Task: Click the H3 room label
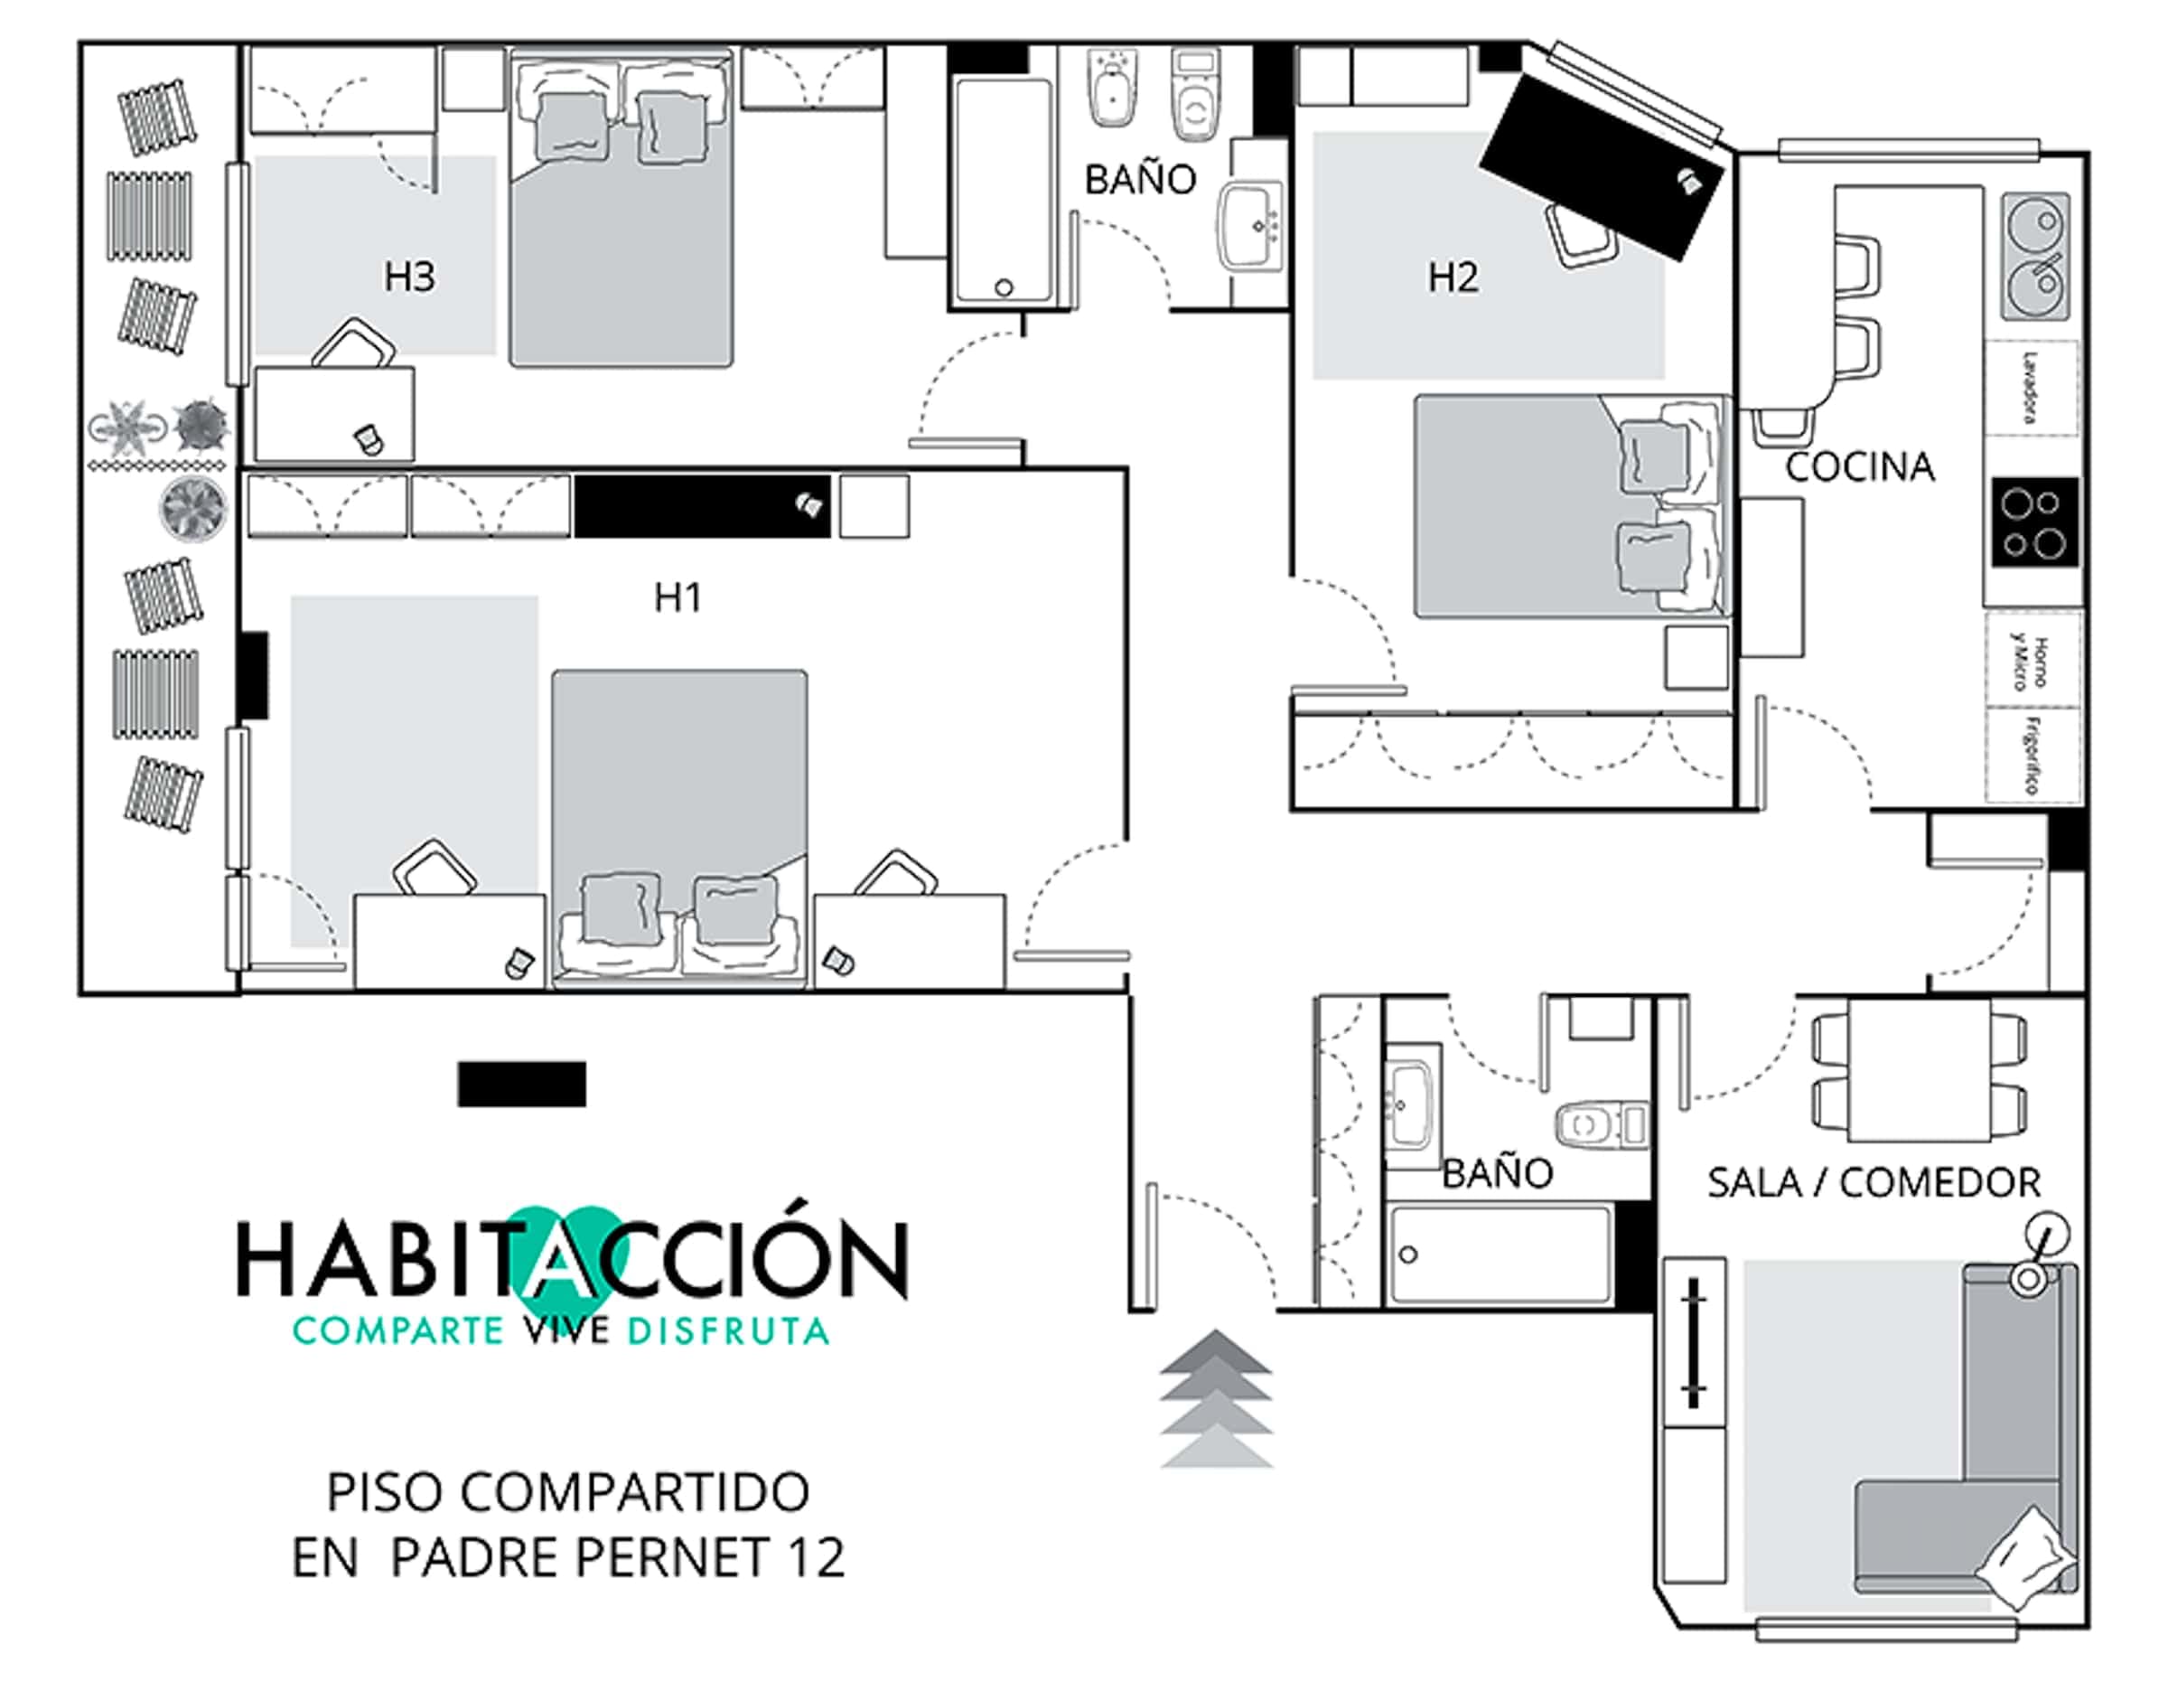point(409,277)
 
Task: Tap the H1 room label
point(678,597)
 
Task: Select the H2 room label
point(1453,277)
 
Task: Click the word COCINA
point(1859,466)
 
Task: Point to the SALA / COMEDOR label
point(1874,1182)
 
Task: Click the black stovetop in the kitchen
point(2034,522)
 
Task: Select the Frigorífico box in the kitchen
point(2032,755)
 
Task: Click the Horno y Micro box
point(2032,661)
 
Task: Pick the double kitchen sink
point(2035,256)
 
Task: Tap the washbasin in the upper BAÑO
point(1252,225)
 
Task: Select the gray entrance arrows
point(1216,1398)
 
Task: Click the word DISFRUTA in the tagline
point(727,1331)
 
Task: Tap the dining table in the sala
point(1919,1069)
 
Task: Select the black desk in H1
point(702,506)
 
